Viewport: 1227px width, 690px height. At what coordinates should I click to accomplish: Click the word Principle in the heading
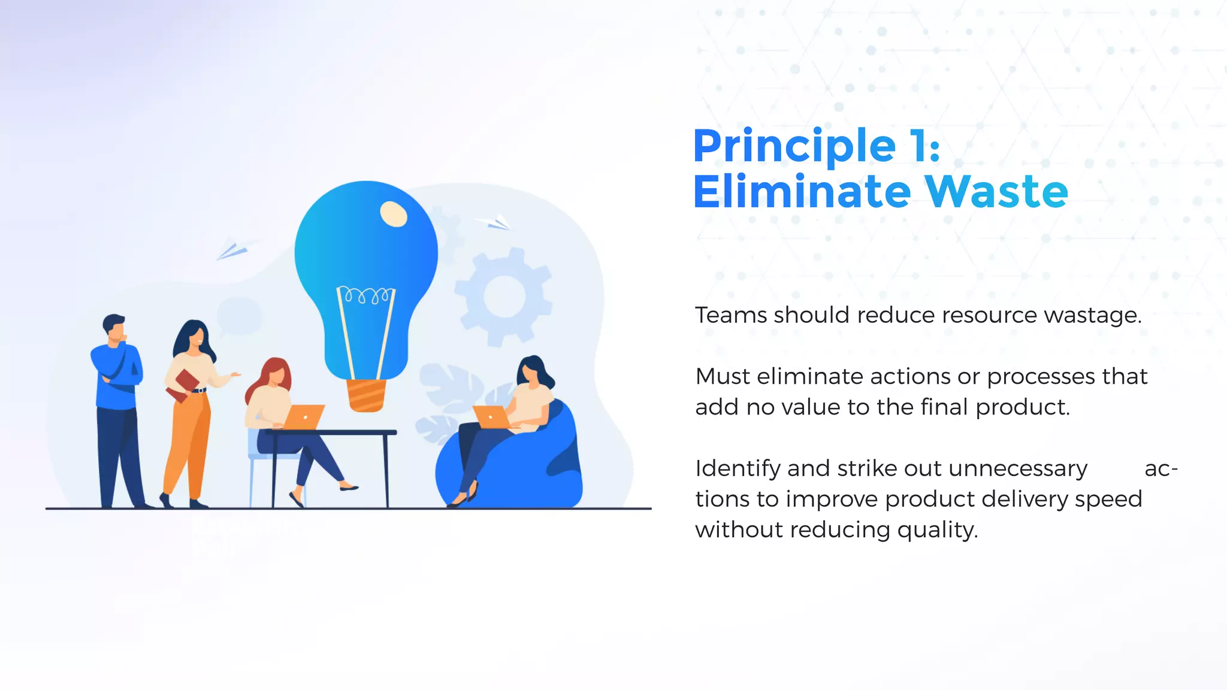click(794, 147)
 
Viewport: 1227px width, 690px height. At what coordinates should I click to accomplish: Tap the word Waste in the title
click(996, 192)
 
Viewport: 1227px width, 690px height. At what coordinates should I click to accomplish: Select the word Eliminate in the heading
click(802, 192)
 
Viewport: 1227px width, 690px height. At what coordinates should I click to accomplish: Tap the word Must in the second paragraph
click(723, 377)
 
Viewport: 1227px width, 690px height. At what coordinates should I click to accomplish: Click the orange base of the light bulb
click(366, 395)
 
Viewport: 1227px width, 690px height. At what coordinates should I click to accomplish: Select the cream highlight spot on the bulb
click(394, 214)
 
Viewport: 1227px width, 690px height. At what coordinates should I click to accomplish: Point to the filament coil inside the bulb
click(365, 295)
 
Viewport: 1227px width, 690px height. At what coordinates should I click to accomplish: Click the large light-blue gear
click(503, 296)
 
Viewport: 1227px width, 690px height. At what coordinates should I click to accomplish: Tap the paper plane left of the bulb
click(232, 250)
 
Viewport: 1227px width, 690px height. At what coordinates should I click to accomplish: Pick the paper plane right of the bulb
click(495, 223)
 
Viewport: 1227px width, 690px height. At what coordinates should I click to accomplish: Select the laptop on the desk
click(304, 417)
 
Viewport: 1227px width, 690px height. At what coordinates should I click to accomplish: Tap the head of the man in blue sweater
click(114, 326)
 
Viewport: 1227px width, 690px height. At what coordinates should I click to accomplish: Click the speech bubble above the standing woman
click(239, 316)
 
